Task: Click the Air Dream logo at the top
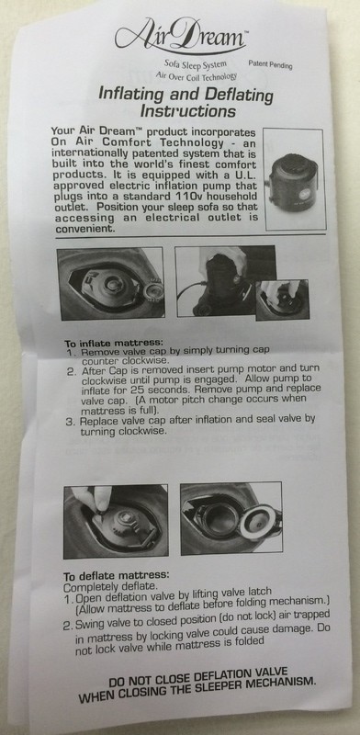pyautogui.click(x=181, y=36)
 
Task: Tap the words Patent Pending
pyautogui.click(x=270, y=64)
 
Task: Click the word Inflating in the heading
pyautogui.click(x=130, y=95)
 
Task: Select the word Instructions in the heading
pyautogui.click(x=187, y=111)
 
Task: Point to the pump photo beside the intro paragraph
pyautogui.click(x=295, y=179)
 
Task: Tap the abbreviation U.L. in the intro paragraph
pyautogui.click(x=242, y=175)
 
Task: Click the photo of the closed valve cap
pyautogui.click(x=110, y=284)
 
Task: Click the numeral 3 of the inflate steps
pyautogui.click(x=70, y=422)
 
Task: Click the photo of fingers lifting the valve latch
pyautogui.click(x=116, y=522)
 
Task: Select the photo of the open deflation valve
pyautogui.click(x=231, y=518)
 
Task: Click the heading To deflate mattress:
pyautogui.click(x=117, y=576)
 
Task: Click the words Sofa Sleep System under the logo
pyautogui.click(x=195, y=64)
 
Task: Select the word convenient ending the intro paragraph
pyautogui.click(x=84, y=229)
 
